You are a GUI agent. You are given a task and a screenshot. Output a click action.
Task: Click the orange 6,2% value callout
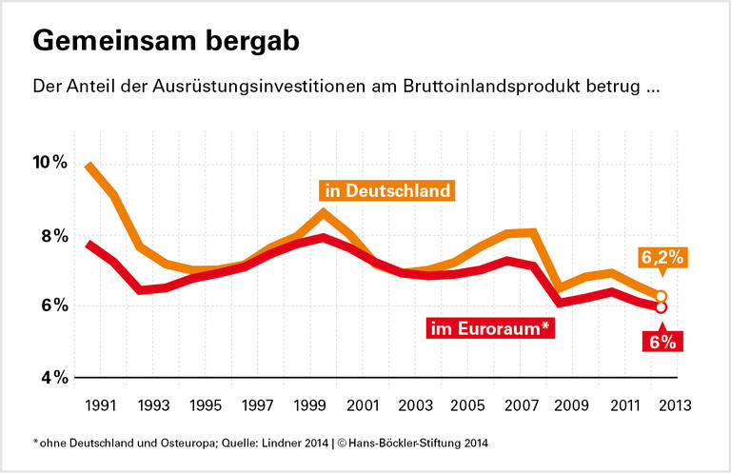662,258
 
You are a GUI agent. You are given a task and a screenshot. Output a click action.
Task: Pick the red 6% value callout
661,341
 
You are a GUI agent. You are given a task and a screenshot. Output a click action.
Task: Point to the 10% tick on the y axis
47,163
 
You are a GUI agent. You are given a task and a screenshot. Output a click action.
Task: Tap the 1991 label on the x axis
102,405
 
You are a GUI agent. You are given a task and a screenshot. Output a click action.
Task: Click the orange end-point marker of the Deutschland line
661,296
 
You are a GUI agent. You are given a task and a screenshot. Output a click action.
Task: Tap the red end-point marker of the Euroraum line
661,306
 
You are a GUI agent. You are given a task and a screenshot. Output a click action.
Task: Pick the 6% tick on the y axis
50,306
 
